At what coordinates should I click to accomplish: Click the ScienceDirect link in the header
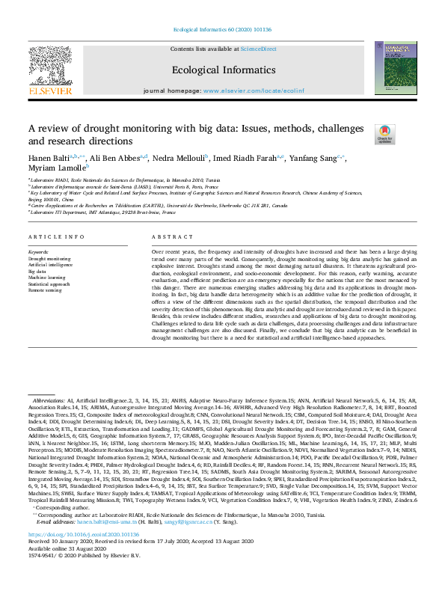click(x=259, y=49)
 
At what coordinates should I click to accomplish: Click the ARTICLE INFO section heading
click(x=57, y=236)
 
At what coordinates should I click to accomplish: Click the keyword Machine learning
click(x=46, y=278)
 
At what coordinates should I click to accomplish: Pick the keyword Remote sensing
click(x=44, y=290)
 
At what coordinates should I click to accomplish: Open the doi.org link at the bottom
click(x=84, y=555)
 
